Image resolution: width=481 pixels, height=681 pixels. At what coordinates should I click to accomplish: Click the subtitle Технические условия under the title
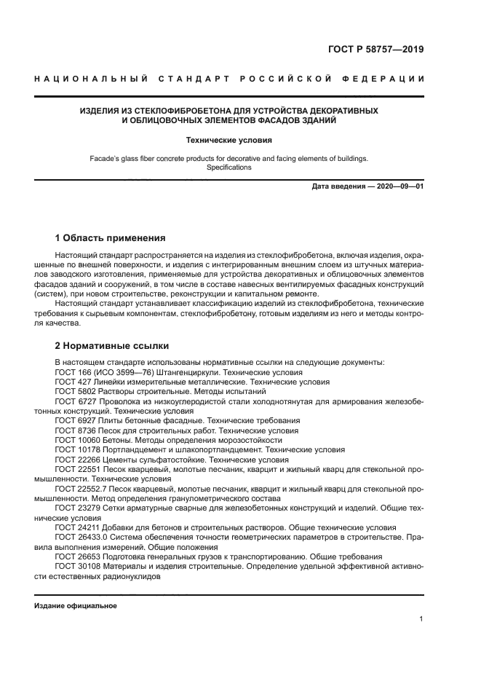[x=229, y=139]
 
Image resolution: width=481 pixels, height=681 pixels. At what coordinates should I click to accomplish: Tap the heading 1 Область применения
[x=111, y=238]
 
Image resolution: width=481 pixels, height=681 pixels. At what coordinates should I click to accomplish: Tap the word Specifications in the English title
[x=228, y=168]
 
